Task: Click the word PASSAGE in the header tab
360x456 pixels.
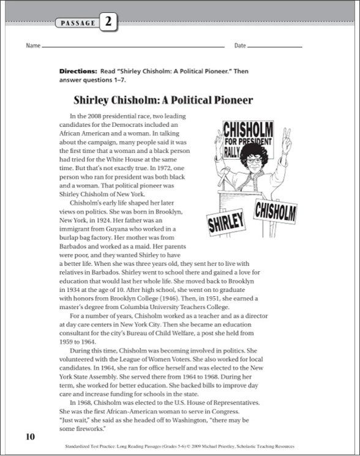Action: [78, 23]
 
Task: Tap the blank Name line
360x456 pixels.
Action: [135, 47]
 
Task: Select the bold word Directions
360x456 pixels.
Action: [78, 72]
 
